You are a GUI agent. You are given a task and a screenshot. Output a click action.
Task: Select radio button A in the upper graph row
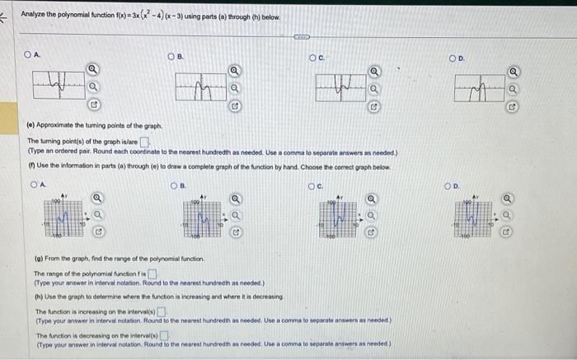[27, 57]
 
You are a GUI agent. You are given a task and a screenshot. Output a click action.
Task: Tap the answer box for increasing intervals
[162, 311]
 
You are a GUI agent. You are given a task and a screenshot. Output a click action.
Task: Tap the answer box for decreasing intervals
[164, 335]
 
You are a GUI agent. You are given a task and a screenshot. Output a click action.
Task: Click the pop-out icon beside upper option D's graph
[516, 106]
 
